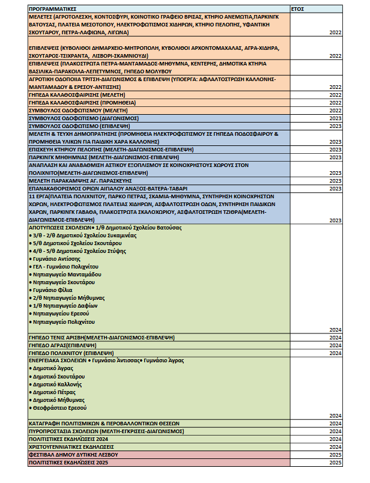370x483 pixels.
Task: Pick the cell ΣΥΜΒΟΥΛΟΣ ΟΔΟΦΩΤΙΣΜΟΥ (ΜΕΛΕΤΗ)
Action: pyautogui.click(x=76, y=111)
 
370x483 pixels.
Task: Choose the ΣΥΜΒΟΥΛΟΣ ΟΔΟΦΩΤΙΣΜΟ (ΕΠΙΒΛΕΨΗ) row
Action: pyautogui.click(x=80, y=126)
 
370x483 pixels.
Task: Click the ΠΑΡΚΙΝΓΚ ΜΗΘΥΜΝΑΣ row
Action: pyautogui.click(x=102, y=157)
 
